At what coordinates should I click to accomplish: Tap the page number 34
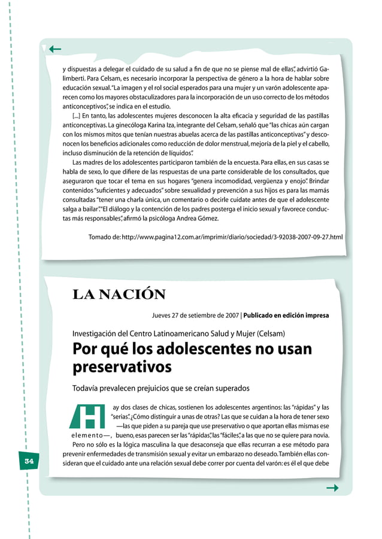(28, 462)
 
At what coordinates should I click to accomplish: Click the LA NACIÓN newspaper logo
(119, 294)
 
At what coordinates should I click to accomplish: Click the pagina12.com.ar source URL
(232, 238)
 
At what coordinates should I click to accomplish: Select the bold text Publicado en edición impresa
(286, 315)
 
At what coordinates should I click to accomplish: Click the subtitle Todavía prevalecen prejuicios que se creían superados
(160, 387)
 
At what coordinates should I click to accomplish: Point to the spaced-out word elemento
(89, 435)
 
